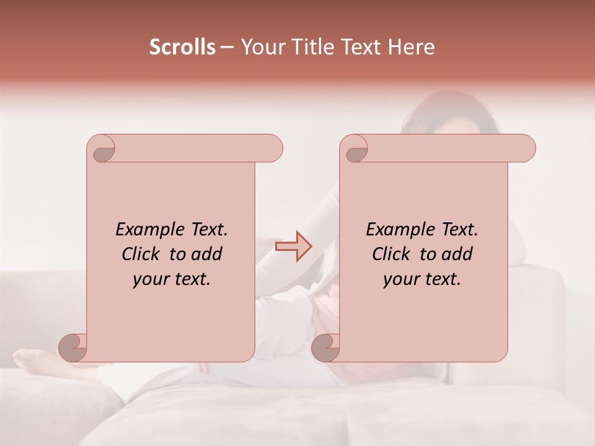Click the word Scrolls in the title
pyautogui.click(x=182, y=47)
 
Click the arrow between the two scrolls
pyautogui.click(x=293, y=247)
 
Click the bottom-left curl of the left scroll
pyautogui.click(x=74, y=348)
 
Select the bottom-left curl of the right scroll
pyautogui.click(x=325, y=348)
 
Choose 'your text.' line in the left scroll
pyautogui.click(x=172, y=279)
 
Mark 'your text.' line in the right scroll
pyautogui.click(x=422, y=279)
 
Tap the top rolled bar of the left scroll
pyautogui.click(x=192, y=148)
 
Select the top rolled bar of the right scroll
pyautogui.click(x=445, y=148)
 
